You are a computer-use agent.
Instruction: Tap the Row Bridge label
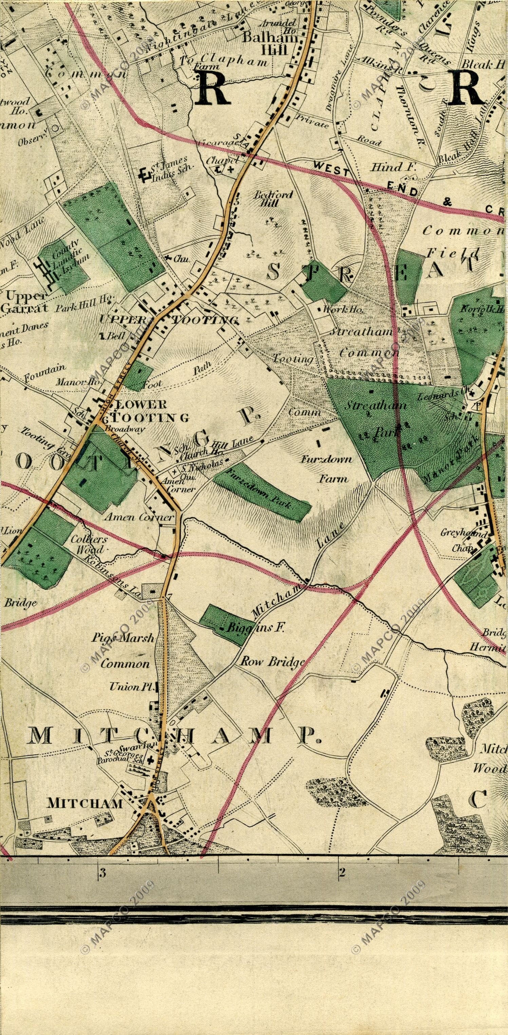point(272,661)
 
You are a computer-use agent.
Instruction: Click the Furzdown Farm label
point(332,468)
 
